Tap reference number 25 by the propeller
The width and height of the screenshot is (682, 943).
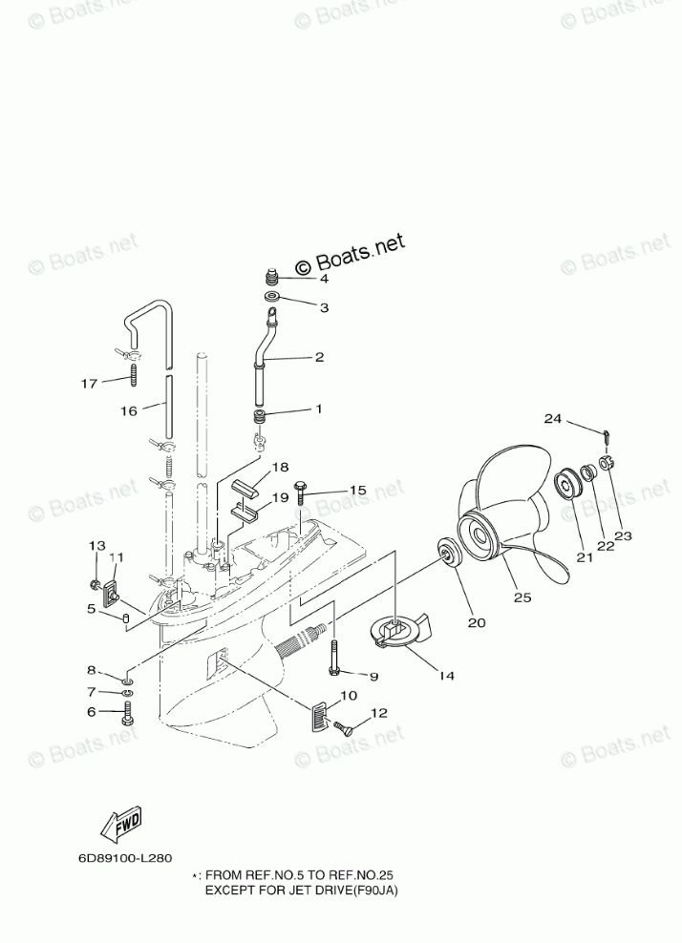click(x=522, y=597)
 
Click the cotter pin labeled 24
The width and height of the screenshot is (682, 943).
click(x=607, y=436)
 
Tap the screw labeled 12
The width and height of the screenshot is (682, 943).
click(x=349, y=730)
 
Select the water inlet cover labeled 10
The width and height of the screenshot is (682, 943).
click(x=322, y=714)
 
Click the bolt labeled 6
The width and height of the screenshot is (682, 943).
click(x=127, y=713)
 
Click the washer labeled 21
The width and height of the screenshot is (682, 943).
click(x=569, y=482)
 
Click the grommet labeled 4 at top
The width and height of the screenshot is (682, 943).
click(x=272, y=280)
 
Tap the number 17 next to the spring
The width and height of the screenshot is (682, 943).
click(x=89, y=384)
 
